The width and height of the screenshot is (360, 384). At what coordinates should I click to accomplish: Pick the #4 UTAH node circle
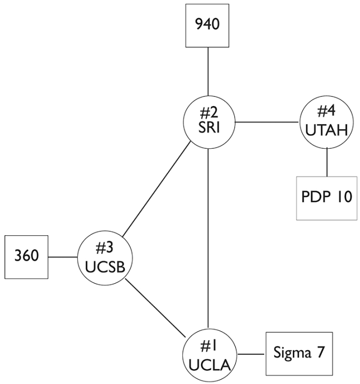coord(326,122)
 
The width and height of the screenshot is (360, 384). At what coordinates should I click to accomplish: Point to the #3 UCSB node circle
coord(105,258)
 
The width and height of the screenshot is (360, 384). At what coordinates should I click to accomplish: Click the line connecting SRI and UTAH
coord(267,122)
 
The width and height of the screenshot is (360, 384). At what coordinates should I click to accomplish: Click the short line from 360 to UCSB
coord(63,257)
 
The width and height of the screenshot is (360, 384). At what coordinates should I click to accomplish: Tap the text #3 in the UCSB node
coord(105,249)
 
